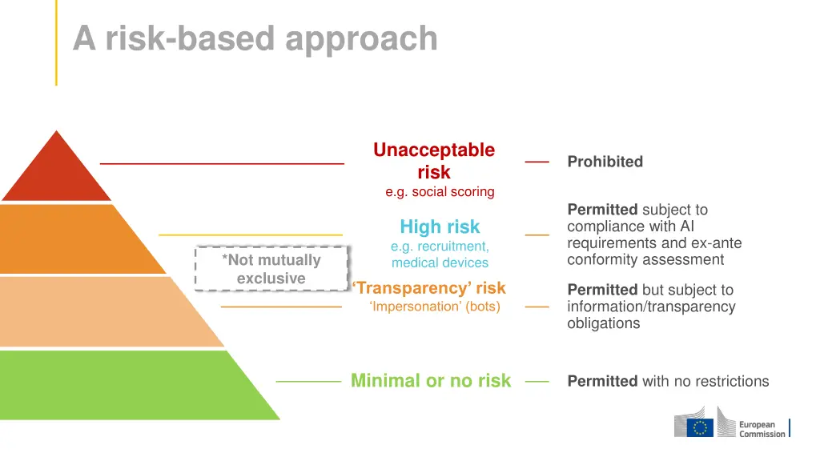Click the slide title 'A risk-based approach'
tap(255, 38)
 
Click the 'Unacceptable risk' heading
tap(434, 161)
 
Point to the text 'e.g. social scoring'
tap(440, 192)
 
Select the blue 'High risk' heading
tap(440, 226)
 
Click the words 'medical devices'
tap(440, 263)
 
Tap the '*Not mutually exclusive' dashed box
tap(271, 269)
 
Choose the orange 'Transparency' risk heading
tap(429, 288)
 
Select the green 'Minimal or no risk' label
tap(431, 381)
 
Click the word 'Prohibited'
tap(605, 162)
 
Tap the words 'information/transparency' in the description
tap(651, 307)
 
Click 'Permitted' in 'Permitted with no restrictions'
tap(602, 382)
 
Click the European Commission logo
tap(730, 423)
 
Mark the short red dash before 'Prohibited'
tap(537, 162)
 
